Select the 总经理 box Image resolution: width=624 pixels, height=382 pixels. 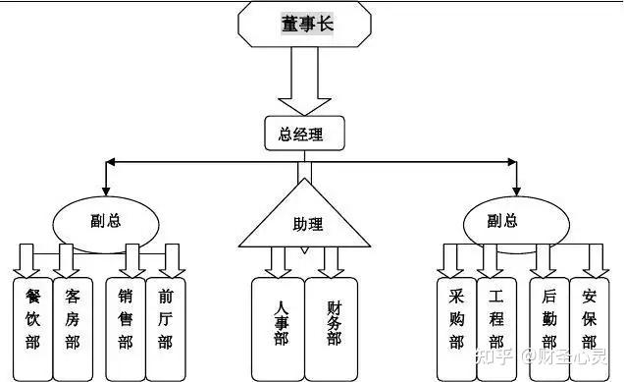pyautogui.click(x=305, y=134)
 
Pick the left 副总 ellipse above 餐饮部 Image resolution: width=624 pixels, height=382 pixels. pyautogui.click(x=105, y=220)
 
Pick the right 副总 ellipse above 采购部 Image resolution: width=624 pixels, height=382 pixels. pyautogui.click(x=500, y=220)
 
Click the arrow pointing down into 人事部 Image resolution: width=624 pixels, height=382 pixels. pyautogui.click(x=280, y=262)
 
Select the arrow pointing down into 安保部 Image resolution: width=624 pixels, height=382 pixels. pyautogui.click(x=591, y=260)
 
